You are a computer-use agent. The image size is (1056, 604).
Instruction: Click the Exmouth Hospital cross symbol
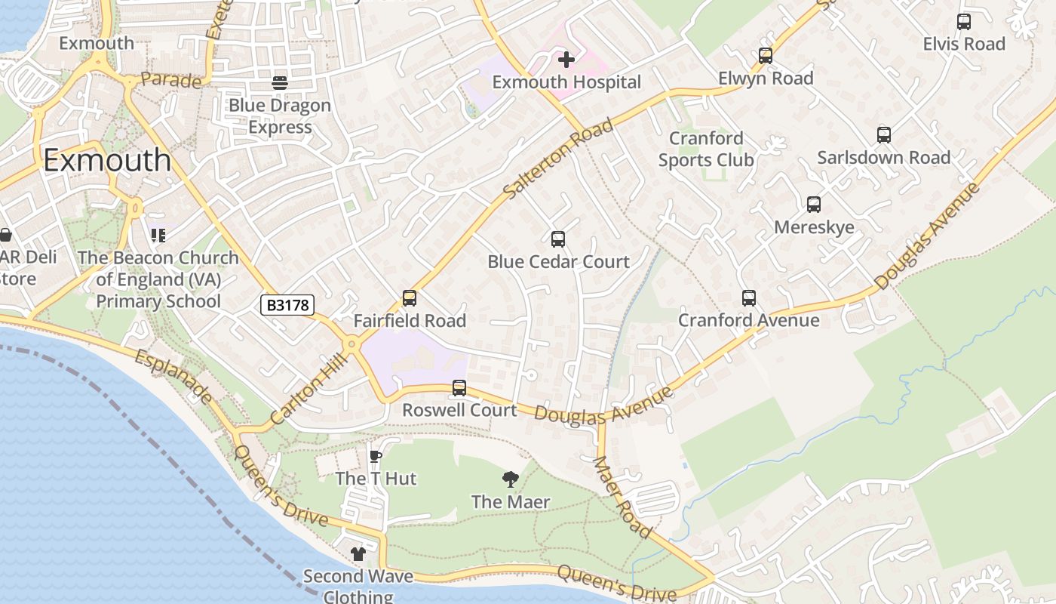pos(566,59)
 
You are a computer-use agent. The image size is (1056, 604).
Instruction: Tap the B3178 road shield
pos(287,304)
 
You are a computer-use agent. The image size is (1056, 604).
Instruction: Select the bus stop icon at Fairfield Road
pos(410,298)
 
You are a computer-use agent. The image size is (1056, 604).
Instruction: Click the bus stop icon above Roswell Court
pos(459,388)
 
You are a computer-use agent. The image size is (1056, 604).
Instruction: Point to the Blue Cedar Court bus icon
pos(558,239)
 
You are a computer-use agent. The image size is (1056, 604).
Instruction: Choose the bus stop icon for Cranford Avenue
pos(748,298)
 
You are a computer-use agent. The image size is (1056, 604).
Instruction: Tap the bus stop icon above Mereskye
pos(814,205)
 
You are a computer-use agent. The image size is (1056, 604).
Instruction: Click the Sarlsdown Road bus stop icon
pos(884,135)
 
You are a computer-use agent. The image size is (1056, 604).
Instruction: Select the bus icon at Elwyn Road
pos(766,56)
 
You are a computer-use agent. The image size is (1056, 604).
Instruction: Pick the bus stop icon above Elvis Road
pos(964,22)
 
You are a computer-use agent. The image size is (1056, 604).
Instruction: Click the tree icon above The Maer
pos(511,479)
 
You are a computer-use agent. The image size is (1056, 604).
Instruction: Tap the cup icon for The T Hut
pos(376,456)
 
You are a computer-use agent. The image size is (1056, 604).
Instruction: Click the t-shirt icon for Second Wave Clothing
pos(358,554)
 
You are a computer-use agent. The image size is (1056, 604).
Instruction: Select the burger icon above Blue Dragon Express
pos(280,82)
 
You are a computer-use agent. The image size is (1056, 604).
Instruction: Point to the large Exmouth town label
pos(107,160)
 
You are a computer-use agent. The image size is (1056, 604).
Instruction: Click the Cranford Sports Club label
pos(706,149)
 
